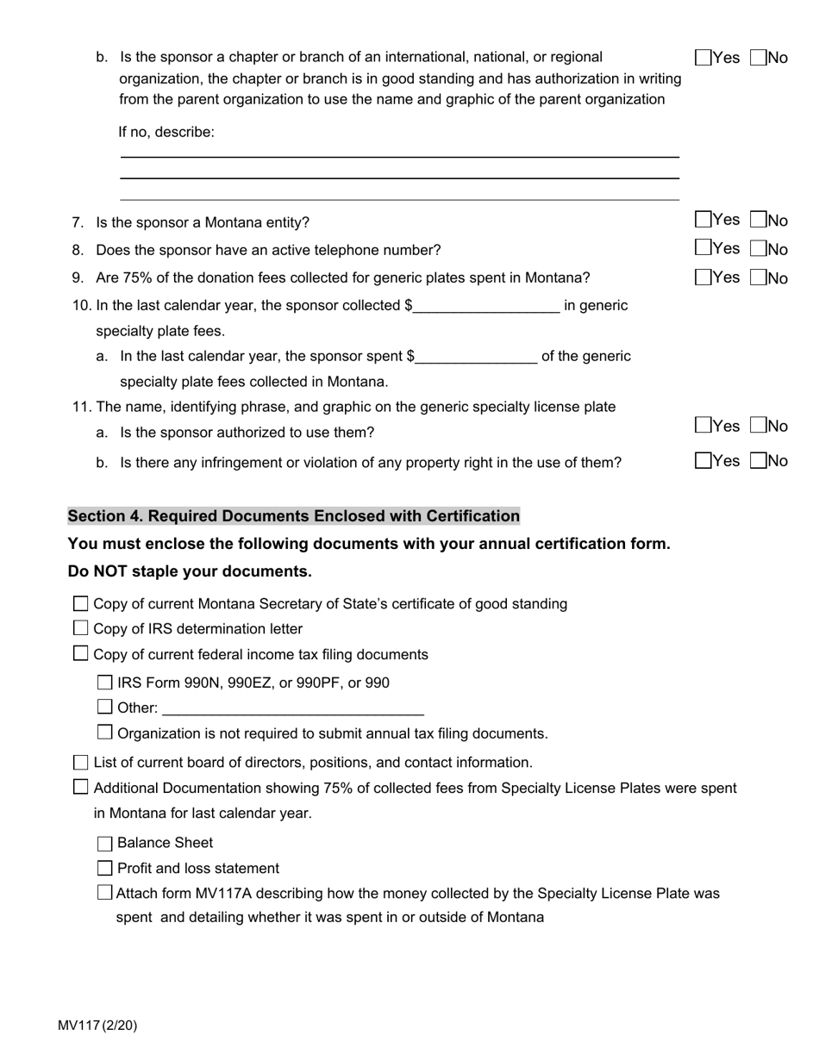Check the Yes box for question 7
703,221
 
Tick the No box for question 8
759,249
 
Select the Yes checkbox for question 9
703,277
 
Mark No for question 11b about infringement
759,461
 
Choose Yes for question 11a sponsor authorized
703,426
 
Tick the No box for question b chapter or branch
759,58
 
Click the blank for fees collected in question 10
486,306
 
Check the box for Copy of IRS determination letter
81,628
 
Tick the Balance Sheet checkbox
105,843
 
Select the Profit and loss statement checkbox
105,868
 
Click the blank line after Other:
292,708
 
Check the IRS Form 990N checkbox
105,683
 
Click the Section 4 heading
293,516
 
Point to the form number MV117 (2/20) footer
97,1026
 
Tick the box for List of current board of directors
81,762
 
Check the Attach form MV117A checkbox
105,893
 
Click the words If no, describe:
166,132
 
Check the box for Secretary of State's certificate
81,603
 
